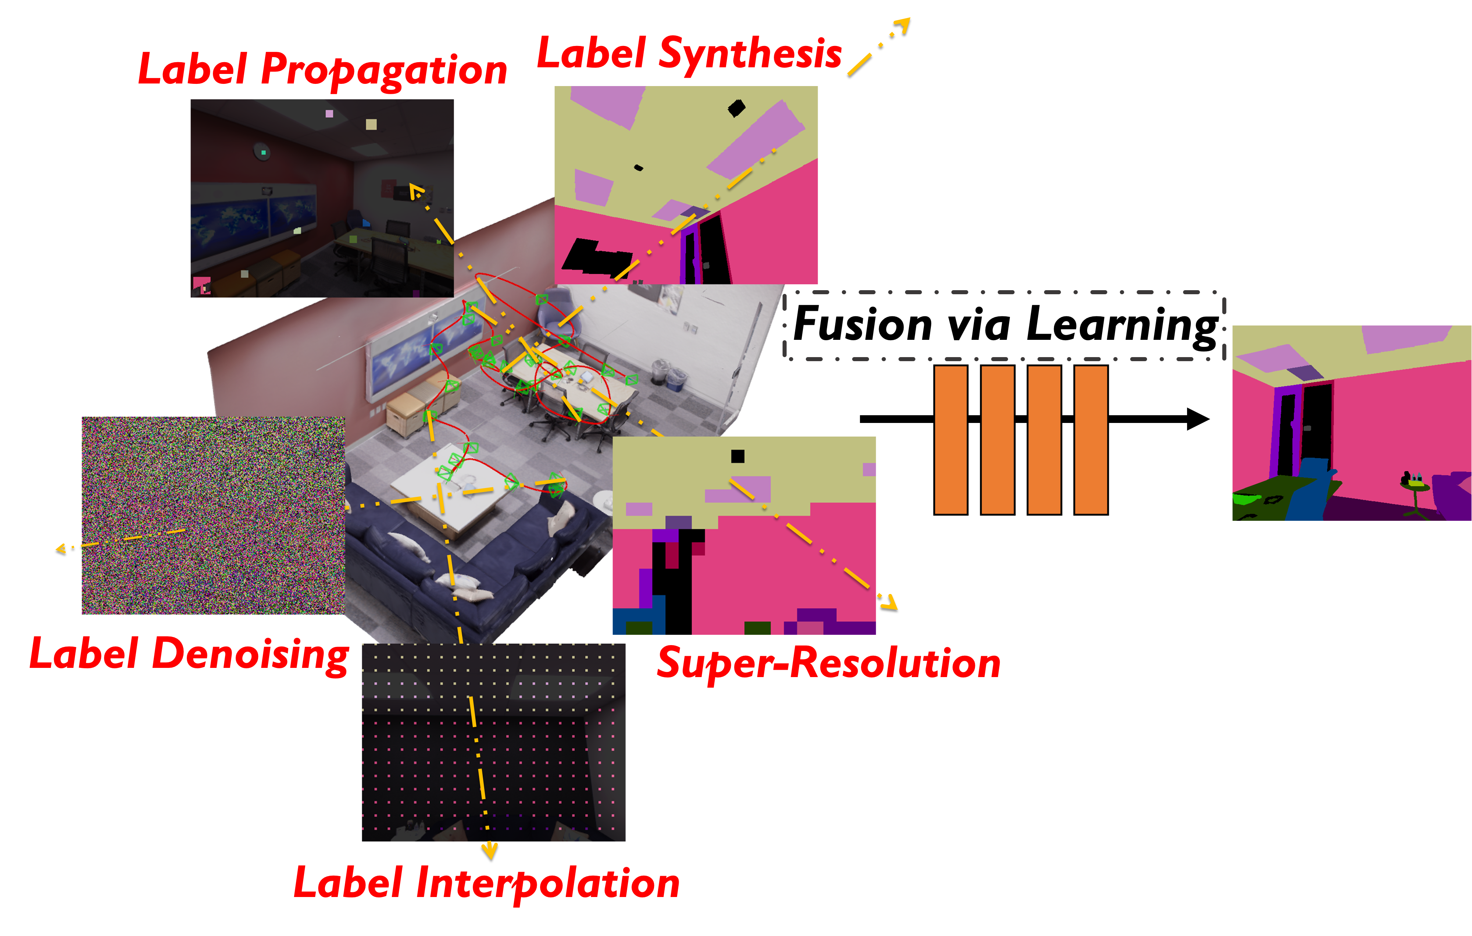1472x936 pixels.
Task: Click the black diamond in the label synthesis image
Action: (x=737, y=108)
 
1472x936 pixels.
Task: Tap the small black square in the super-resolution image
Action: (x=738, y=456)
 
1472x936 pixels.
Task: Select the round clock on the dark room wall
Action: (x=262, y=152)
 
